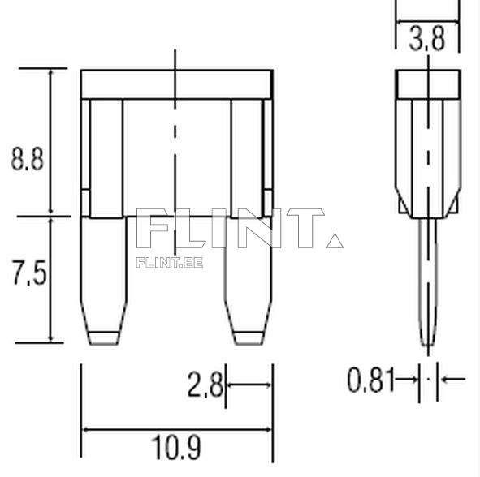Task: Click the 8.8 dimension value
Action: pos(26,157)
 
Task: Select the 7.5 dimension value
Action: pos(26,275)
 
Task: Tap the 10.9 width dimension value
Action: pos(177,447)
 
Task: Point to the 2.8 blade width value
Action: pos(205,385)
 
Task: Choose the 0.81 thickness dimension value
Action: pos(370,379)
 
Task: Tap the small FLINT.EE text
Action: pos(170,261)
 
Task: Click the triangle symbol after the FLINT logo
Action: pos(334,240)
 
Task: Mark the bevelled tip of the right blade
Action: pos(249,337)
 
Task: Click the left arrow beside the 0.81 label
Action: pos(409,379)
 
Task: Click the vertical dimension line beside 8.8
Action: pos(51,142)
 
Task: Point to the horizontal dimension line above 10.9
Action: pos(177,430)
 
